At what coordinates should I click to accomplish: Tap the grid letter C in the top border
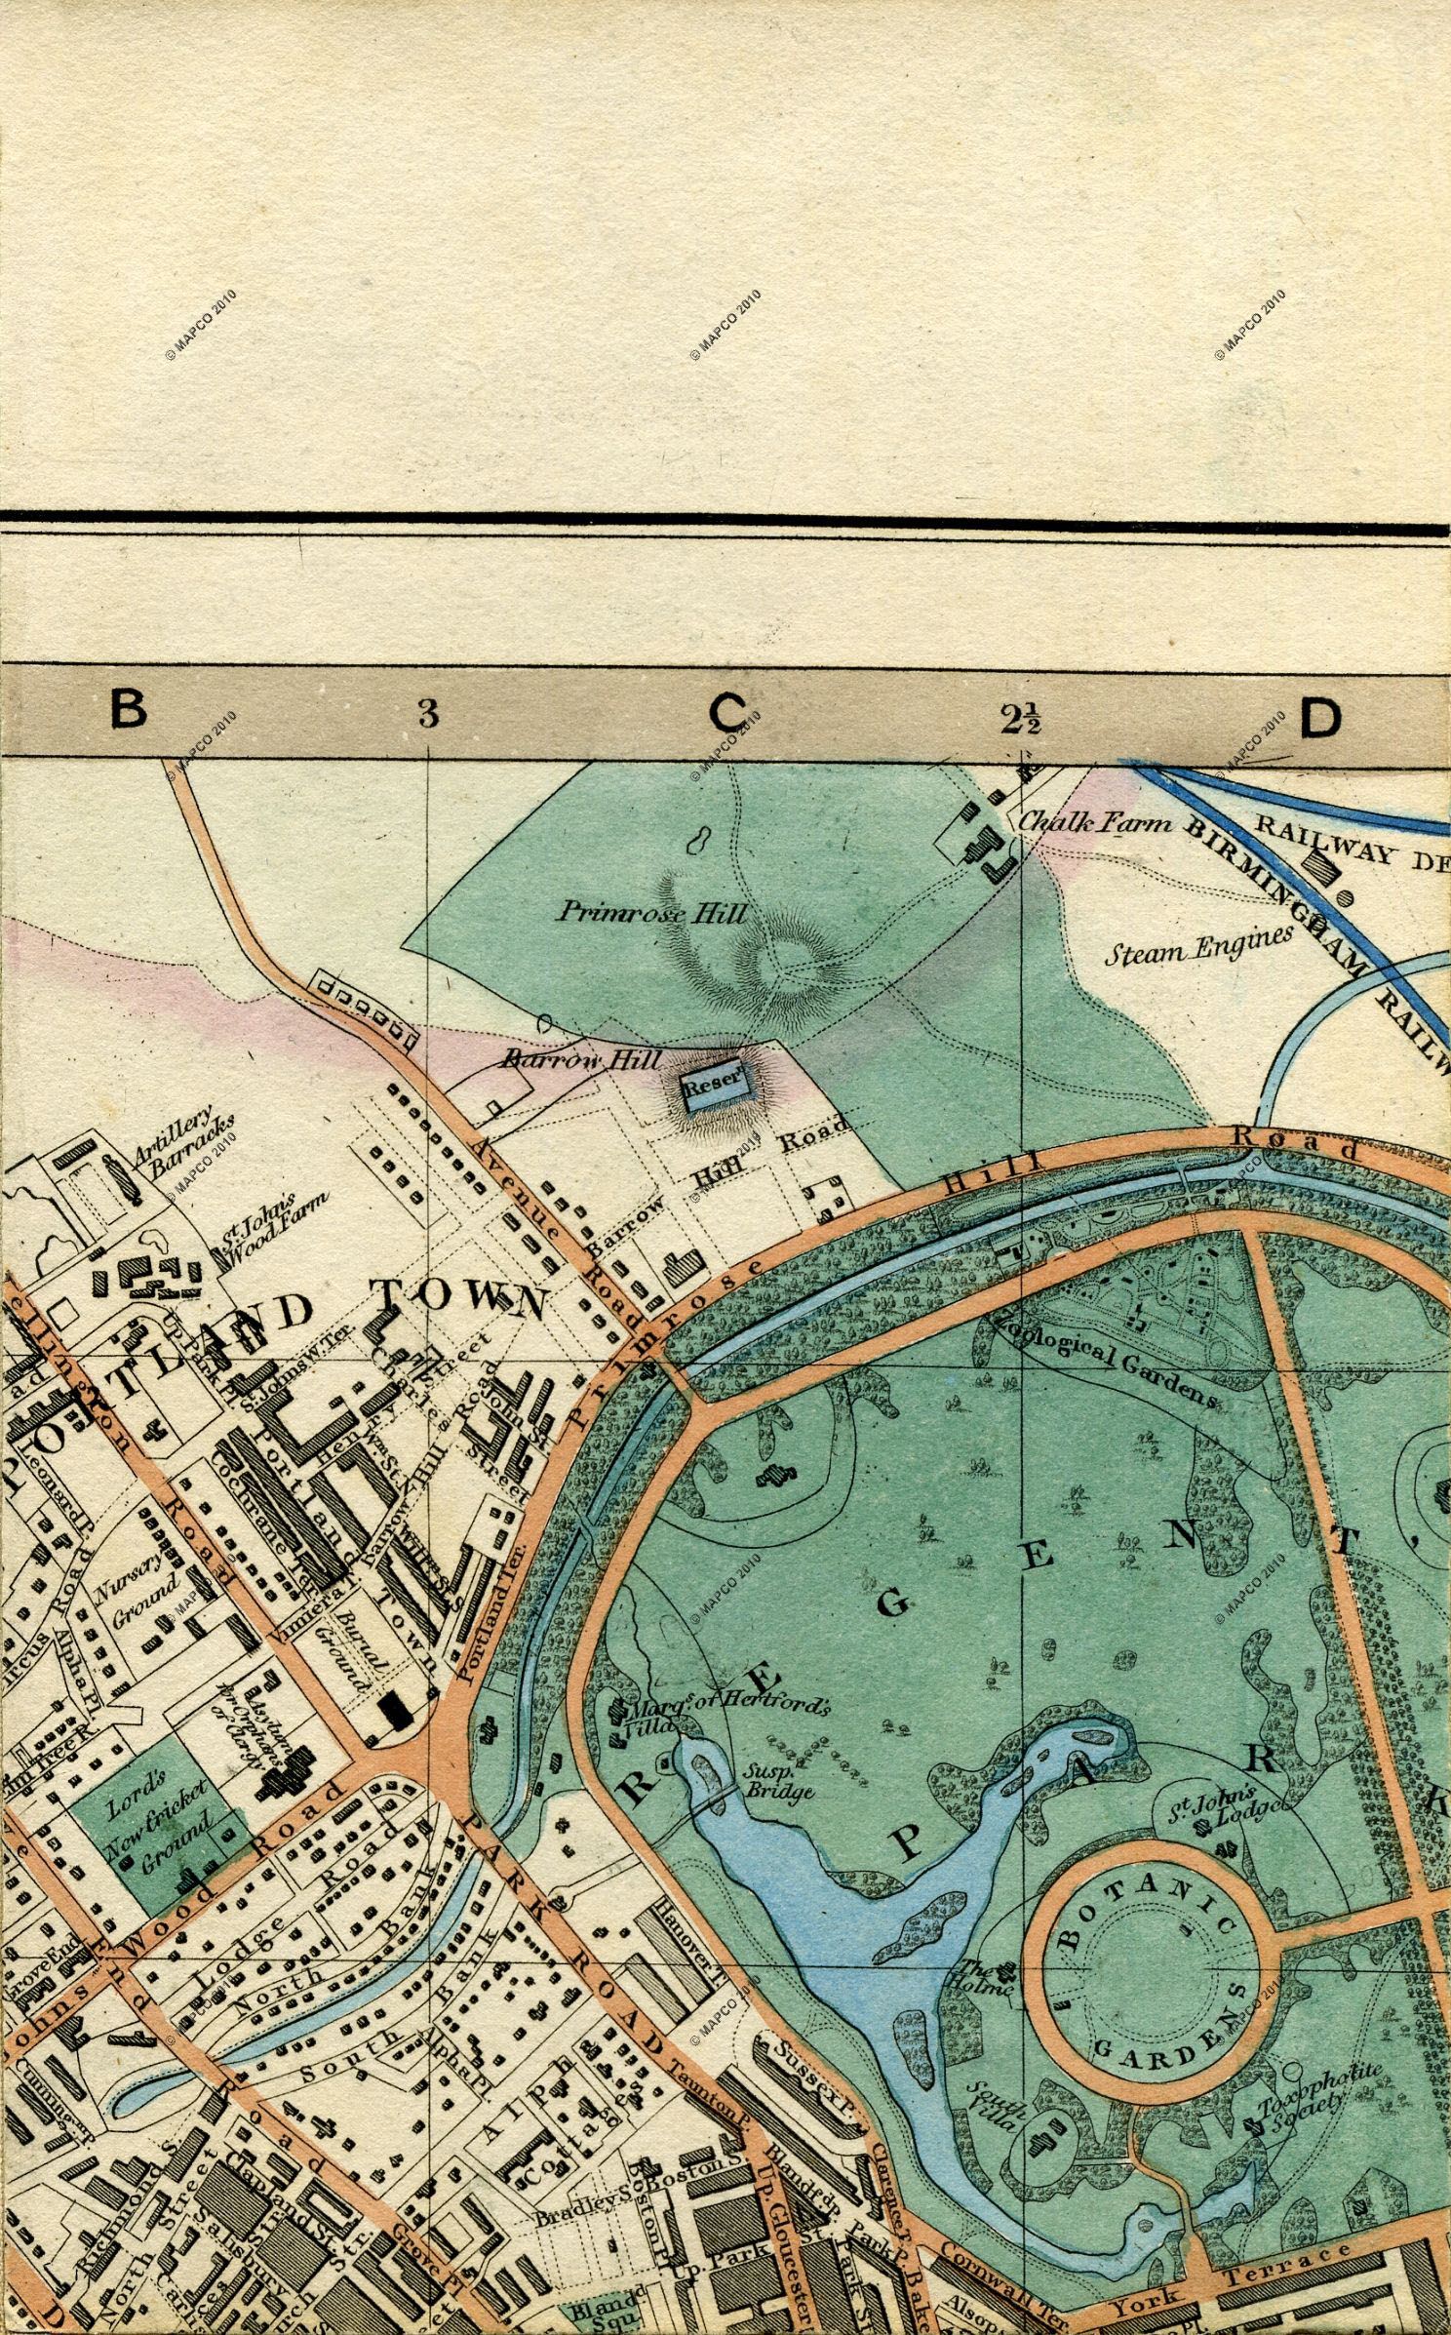point(727,714)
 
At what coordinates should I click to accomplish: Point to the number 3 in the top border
point(427,714)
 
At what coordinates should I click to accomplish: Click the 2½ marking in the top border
point(1021,719)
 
